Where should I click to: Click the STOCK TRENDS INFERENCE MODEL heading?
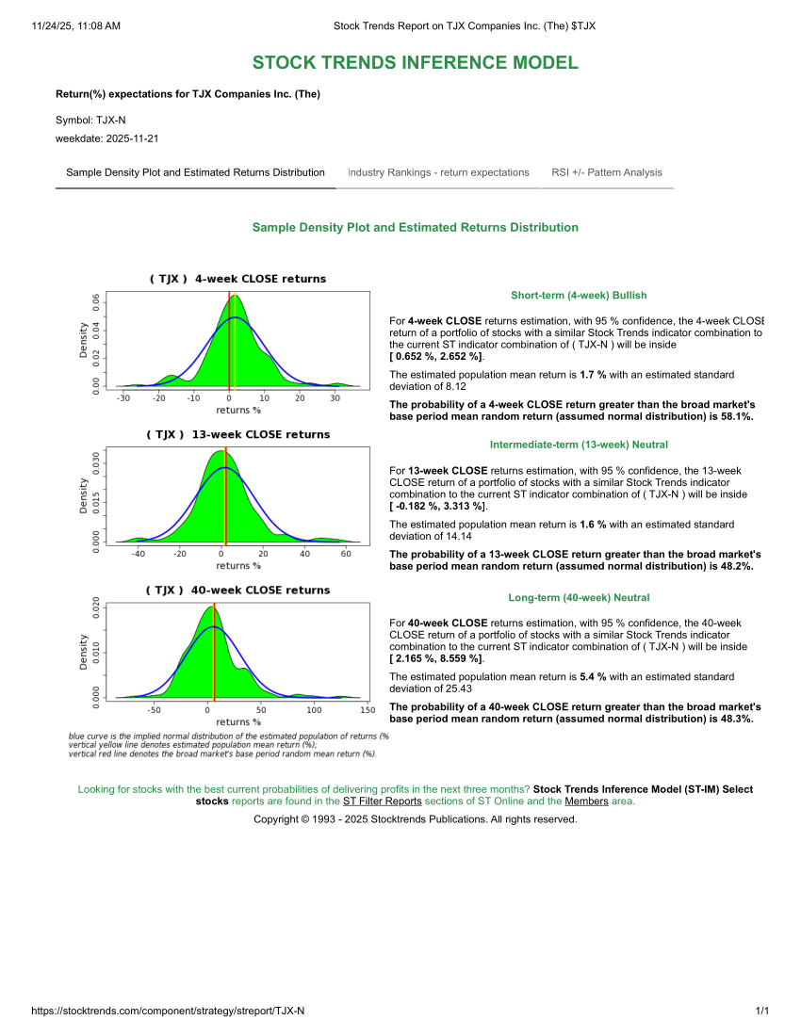(x=415, y=63)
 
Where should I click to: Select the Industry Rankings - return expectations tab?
(x=438, y=172)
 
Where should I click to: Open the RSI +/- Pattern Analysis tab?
(x=607, y=172)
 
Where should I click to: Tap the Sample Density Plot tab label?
(x=195, y=172)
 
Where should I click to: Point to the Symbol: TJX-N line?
(x=90, y=121)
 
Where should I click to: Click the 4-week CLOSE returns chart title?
(x=237, y=279)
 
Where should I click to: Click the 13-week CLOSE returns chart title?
(x=237, y=434)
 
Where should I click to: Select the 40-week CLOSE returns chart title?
(x=237, y=590)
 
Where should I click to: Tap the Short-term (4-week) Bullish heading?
(x=579, y=295)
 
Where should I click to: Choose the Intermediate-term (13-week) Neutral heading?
(x=579, y=445)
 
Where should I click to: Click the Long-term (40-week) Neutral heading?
(x=579, y=597)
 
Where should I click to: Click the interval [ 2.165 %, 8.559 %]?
(x=436, y=658)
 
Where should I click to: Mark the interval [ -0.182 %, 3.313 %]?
(x=438, y=507)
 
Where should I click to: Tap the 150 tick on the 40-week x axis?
(x=367, y=710)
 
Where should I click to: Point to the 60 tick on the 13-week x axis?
(x=346, y=554)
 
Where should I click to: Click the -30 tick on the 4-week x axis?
(x=123, y=398)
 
